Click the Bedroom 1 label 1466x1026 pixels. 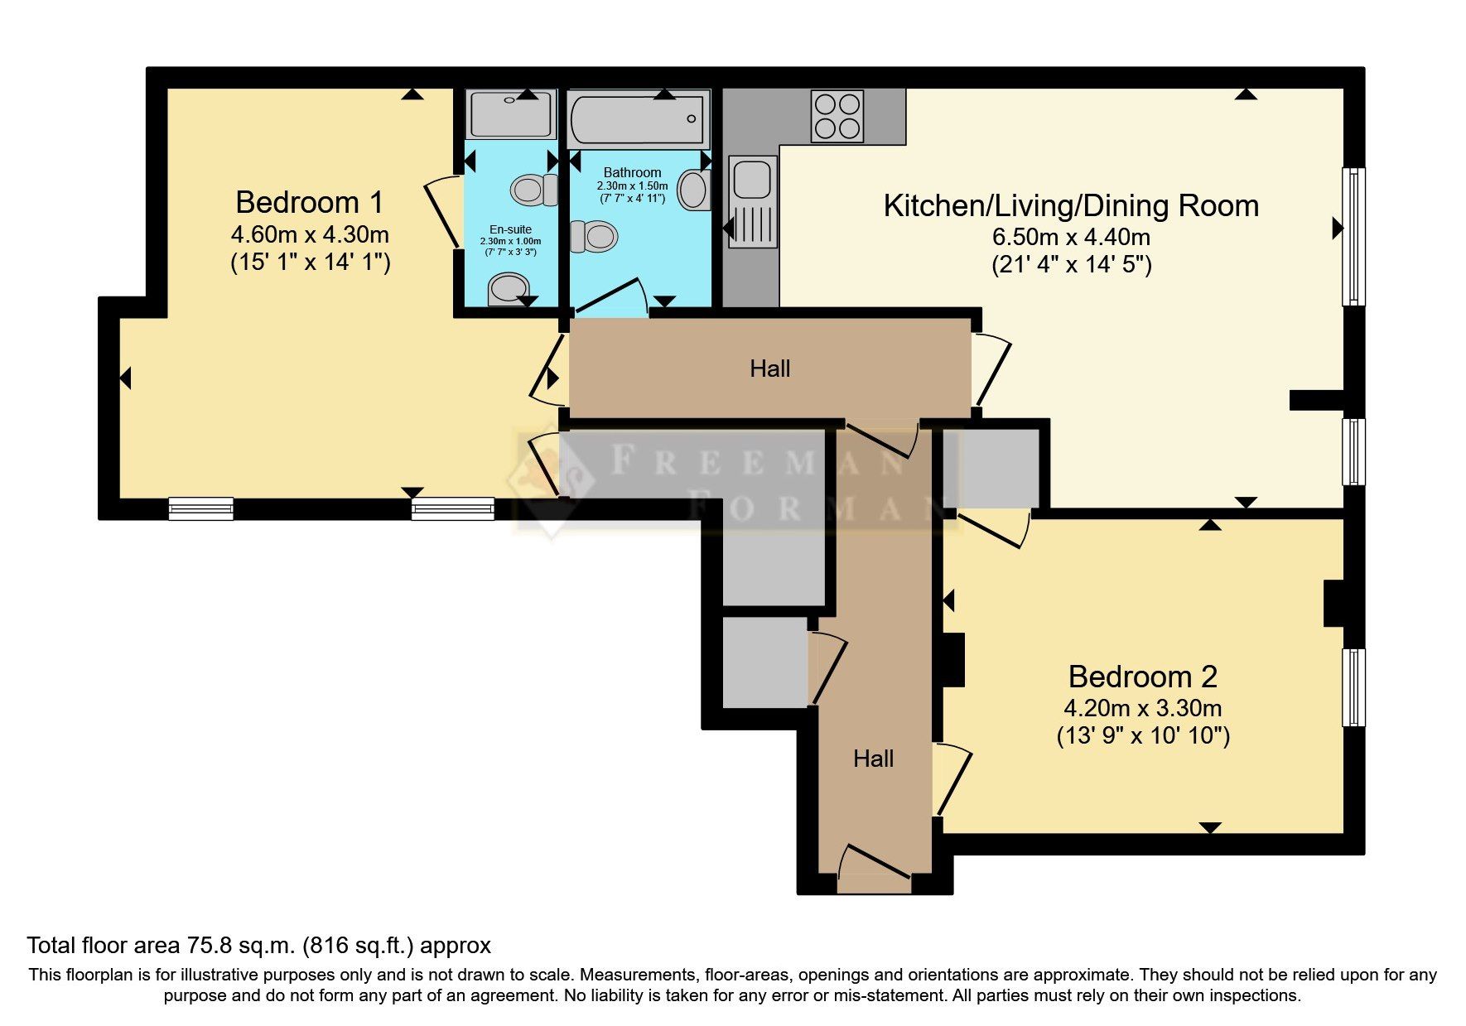[x=310, y=202]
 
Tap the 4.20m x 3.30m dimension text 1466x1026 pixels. [x=1142, y=708]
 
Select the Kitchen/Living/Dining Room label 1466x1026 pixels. [x=1071, y=205]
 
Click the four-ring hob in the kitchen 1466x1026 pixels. [x=837, y=116]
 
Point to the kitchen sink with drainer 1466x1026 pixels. [x=752, y=202]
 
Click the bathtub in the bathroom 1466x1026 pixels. [x=638, y=119]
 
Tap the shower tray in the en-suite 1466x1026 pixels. [x=511, y=115]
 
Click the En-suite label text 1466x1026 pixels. [x=510, y=229]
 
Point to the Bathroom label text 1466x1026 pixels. [x=632, y=172]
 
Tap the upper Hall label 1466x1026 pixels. [x=769, y=368]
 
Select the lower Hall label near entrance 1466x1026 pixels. [x=873, y=759]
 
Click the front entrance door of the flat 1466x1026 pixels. [x=874, y=865]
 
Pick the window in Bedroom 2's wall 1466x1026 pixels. [x=1353, y=686]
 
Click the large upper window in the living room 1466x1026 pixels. [x=1353, y=236]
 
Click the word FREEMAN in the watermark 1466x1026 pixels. [x=758, y=461]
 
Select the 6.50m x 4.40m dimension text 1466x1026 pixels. [x=1071, y=237]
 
